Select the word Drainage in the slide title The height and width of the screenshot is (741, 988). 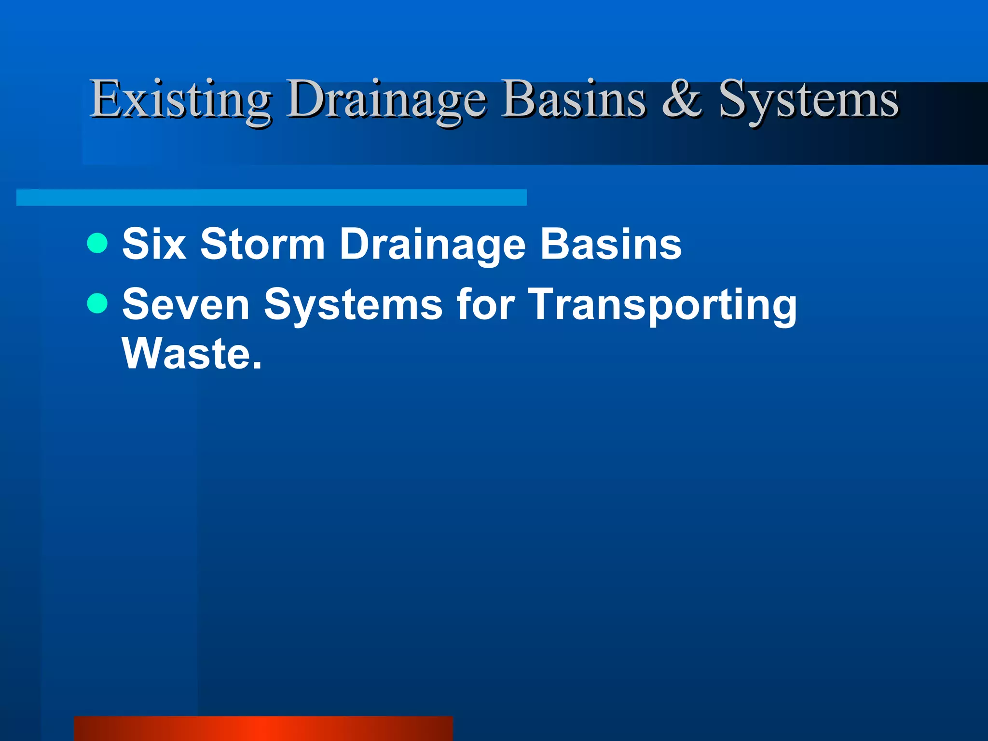point(386,100)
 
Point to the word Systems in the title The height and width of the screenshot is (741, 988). point(809,100)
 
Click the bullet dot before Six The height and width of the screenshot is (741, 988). point(97,243)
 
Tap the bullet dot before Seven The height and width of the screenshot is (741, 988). point(97,303)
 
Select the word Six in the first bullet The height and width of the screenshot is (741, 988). point(154,244)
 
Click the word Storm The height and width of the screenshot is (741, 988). point(262,244)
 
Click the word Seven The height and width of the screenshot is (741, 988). point(186,304)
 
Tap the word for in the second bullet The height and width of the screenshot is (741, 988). point(485,304)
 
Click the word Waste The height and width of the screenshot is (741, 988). point(186,354)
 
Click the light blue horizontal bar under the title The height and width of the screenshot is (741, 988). point(272,197)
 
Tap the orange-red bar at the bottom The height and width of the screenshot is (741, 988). point(263,728)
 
